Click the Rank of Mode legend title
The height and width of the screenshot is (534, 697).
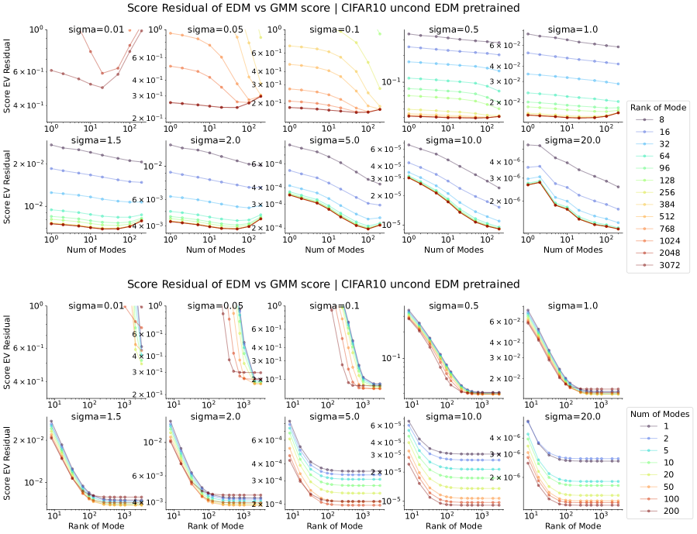point(657,107)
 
